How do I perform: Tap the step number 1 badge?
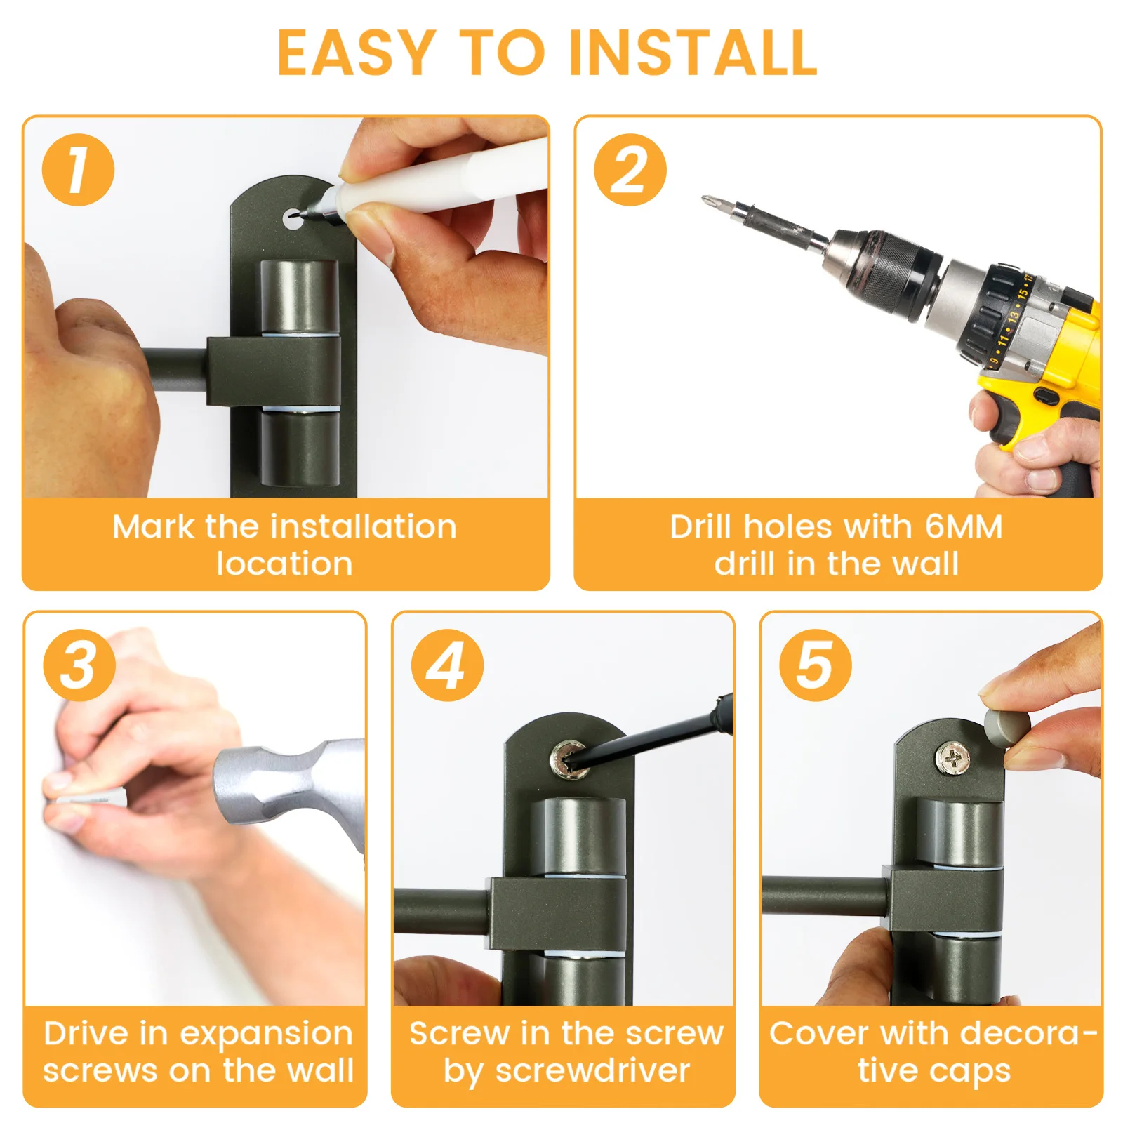pyautogui.click(x=78, y=170)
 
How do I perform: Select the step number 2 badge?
pyautogui.click(x=630, y=170)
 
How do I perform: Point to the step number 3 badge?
pyautogui.click(x=79, y=665)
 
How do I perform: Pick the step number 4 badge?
pyautogui.click(x=447, y=665)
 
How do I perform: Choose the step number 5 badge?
pyautogui.click(x=815, y=665)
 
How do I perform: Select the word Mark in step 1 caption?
pyautogui.click(x=153, y=526)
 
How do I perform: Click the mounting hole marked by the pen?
pyautogui.click(x=293, y=219)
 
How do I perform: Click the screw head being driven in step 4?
pyautogui.click(x=569, y=761)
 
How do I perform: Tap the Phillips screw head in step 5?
pyautogui.click(x=953, y=758)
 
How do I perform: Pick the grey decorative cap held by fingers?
pyautogui.click(x=1006, y=726)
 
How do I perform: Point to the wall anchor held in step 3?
pyautogui.click(x=88, y=798)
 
